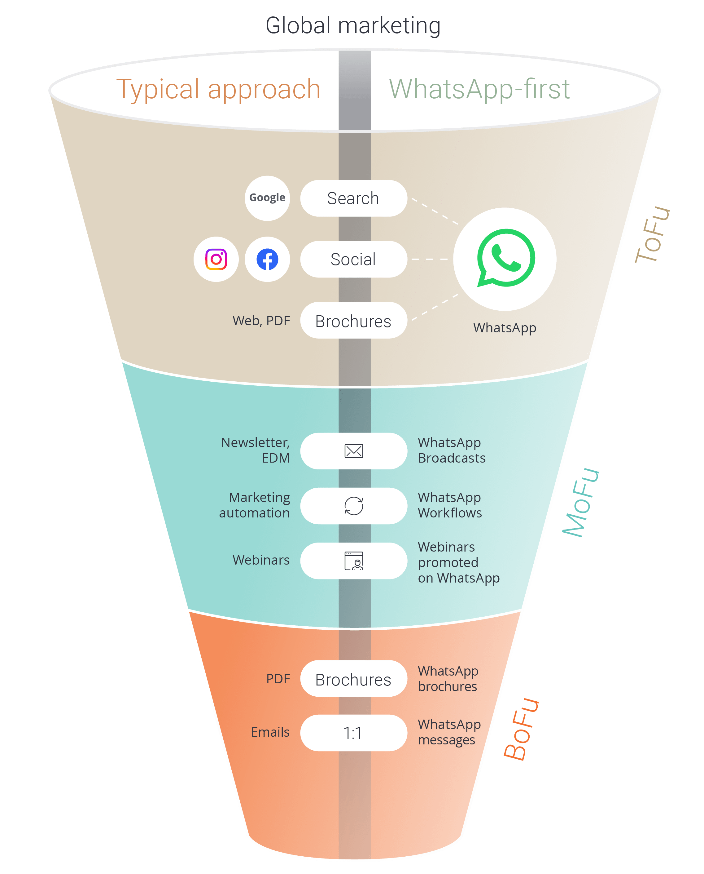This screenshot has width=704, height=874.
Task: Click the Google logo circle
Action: tap(267, 198)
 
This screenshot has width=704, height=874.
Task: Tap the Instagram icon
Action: tap(216, 259)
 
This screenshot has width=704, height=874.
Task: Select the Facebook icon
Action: tap(267, 259)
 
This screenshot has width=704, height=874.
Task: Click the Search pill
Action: tap(353, 198)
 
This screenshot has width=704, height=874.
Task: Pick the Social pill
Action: tap(353, 259)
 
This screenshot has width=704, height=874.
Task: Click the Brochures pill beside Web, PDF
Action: tap(353, 320)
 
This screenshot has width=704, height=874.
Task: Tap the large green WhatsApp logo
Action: tap(505, 259)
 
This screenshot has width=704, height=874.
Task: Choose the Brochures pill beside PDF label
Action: tap(353, 679)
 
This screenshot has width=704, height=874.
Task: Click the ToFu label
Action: tap(652, 234)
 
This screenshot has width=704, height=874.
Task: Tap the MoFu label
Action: tap(581, 503)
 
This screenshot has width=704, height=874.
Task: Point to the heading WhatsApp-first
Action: tap(479, 89)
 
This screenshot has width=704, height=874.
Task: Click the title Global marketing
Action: tap(353, 25)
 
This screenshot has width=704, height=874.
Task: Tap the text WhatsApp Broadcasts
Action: tap(451, 450)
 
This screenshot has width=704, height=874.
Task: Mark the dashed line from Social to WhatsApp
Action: tap(430, 259)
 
